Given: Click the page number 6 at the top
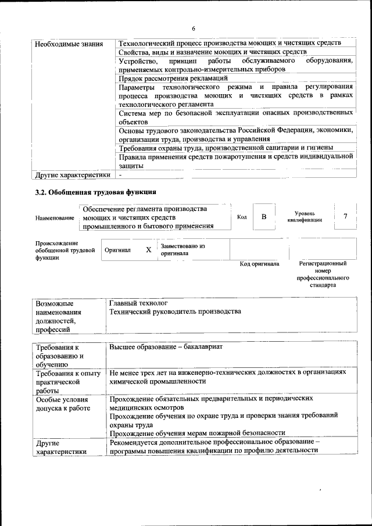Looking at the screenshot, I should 194,29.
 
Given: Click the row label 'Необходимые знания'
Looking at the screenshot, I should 69,44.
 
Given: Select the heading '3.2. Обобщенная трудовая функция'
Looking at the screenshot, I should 95,192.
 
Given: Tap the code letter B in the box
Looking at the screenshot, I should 263,217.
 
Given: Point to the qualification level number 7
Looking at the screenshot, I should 345,217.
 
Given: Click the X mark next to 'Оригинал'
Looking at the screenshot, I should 148,249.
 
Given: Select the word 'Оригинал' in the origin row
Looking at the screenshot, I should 117,250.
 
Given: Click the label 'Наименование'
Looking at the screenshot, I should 55,218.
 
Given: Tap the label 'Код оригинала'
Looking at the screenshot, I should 259,264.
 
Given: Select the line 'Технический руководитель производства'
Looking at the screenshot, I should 175,312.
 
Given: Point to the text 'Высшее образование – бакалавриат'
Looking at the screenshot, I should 166,346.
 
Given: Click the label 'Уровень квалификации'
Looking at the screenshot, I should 305,217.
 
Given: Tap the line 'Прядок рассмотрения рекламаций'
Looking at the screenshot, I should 173,78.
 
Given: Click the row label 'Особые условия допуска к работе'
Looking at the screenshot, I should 62,404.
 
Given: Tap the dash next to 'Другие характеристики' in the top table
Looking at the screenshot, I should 120,174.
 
